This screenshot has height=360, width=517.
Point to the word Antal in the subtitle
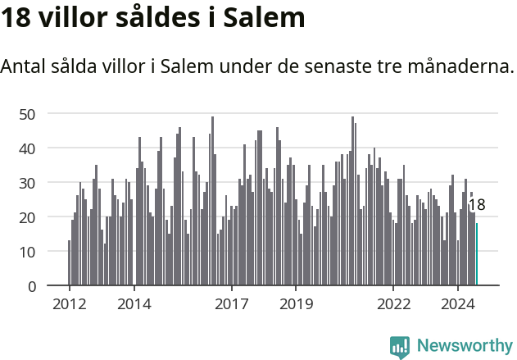pyautogui.click(x=25, y=66)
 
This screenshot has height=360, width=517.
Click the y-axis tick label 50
pyautogui.click(x=28, y=114)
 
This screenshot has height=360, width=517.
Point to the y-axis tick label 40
pyautogui.click(x=28, y=148)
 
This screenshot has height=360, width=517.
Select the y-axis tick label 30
pyautogui.click(x=28, y=183)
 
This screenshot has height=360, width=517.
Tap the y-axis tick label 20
pyautogui.click(x=28, y=217)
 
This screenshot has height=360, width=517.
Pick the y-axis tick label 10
pyautogui.click(x=28, y=252)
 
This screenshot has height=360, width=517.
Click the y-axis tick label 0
pyautogui.click(x=32, y=286)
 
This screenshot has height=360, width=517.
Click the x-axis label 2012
pyautogui.click(x=69, y=304)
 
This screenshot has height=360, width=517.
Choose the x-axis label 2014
pyautogui.click(x=134, y=304)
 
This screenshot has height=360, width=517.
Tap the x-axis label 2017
pyautogui.click(x=231, y=304)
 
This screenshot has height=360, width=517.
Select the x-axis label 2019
pyautogui.click(x=296, y=304)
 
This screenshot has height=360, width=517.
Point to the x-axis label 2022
pyautogui.click(x=393, y=304)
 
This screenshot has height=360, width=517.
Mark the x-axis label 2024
pyautogui.click(x=458, y=304)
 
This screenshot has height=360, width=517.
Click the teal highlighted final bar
pyautogui.click(x=477, y=255)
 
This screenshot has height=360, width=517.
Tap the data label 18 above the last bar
pyautogui.click(x=477, y=206)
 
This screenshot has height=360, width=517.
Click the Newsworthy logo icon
pyautogui.click(x=400, y=347)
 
